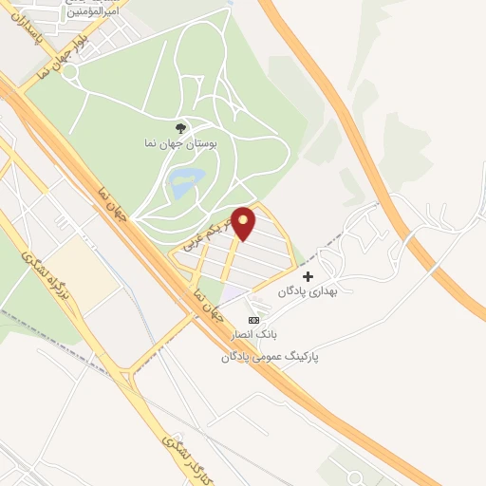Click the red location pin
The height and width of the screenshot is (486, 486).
pyautogui.click(x=245, y=222)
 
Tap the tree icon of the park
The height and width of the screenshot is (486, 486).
pyautogui.click(x=180, y=128)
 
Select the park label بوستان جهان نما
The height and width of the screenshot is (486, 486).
pyautogui.click(x=186, y=144)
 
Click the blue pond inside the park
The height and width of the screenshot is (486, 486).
pyautogui.click(x=186, y=180)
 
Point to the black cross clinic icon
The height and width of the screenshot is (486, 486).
pyautogui.click(x=308, y=275)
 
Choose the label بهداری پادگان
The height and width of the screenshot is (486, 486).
pyautogui.click(x=308, y=292)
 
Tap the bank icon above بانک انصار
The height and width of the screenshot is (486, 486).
pyautogui.click(x=252, y=318)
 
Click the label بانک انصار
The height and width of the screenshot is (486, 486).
pyautogui.click(x=251, y=335)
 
